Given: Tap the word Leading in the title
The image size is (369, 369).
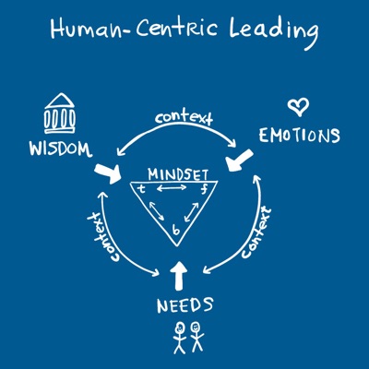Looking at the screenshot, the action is (273, 31).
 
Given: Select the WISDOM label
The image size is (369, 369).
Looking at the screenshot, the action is (61, 149).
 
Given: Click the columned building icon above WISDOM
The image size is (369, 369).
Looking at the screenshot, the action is (60, 113).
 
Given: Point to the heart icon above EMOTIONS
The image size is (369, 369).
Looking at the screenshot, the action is (298, 107).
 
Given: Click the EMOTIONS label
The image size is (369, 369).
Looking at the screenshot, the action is (299, 136).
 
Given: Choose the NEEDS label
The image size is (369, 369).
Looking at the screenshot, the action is (184, 305).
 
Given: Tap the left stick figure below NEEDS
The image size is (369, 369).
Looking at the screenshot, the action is (179, 338).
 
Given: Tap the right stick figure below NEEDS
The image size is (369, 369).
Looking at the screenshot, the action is (196, 337).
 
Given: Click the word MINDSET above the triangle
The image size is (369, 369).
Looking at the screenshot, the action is (178, 174).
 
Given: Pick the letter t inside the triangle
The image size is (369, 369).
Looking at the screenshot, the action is (141, 188).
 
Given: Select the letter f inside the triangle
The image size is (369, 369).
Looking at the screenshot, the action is (203, 189).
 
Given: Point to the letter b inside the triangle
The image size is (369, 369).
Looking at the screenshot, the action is (176, 229).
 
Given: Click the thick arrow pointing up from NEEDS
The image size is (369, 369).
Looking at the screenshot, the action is (178, 276).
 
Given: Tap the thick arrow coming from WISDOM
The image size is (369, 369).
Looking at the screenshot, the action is (109, 173).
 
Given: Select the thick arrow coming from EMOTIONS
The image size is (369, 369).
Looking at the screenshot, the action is (238, 161).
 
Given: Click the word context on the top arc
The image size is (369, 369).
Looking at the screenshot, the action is (184, 118).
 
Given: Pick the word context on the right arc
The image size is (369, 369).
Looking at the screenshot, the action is (256, 232).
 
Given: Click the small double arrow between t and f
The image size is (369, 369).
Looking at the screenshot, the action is (172, 188).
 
